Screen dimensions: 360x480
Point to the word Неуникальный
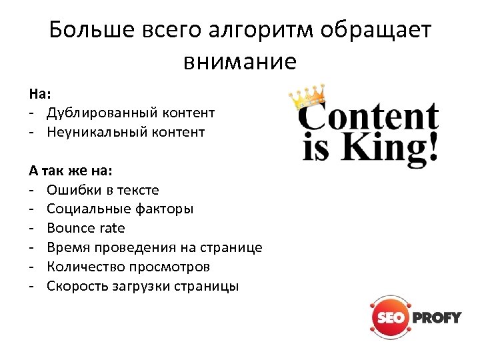[91, 132]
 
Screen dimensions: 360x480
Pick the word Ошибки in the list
[69, 189]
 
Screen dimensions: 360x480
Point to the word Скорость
[75, 286]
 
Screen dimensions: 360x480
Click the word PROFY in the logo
[437, 317]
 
